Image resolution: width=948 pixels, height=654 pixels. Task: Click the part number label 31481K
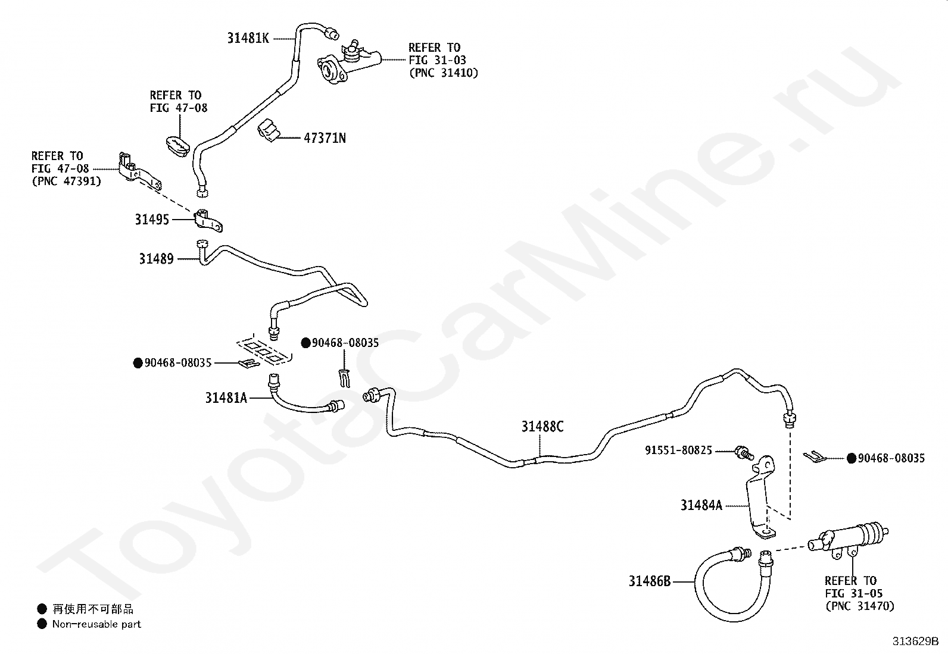tap(248, 38)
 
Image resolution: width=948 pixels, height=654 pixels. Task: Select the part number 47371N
tap(325, 138)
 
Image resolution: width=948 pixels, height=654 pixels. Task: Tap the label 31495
tap(152, 220)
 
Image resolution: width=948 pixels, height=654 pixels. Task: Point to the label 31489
tap(156, 259)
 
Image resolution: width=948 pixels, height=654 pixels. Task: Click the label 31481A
tap(226, 398)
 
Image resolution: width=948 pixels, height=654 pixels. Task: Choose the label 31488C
tap(542, 427)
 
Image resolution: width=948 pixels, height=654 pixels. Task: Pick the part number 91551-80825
tap(678, 450)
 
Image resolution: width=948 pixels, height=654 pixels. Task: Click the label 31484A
tap(701, 505)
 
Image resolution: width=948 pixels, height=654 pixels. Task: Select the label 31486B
tap(650, 581)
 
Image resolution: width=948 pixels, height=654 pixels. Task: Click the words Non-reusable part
tap(96, 624)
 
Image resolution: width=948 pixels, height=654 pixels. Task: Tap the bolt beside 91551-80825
tap(744, 453)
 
